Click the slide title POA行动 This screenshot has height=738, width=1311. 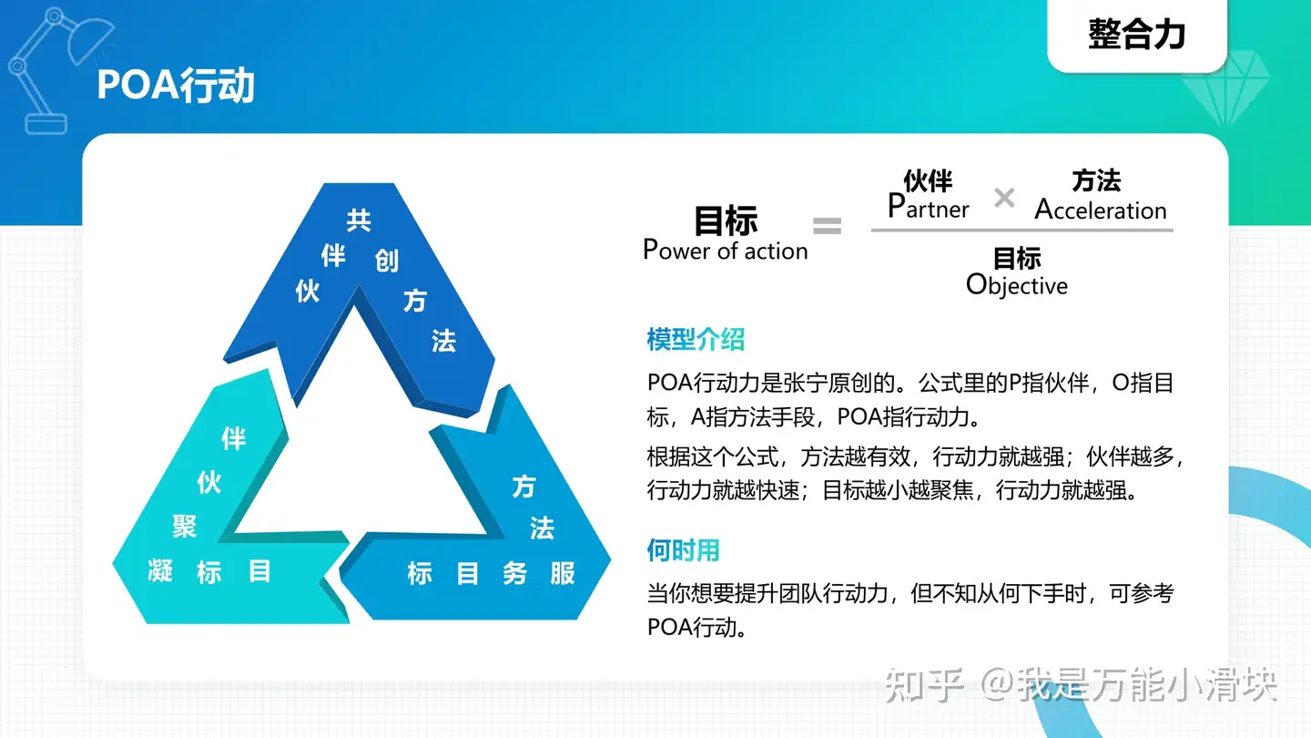click(x=176, y=86)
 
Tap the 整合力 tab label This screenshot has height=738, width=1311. click(x=1136, y=34)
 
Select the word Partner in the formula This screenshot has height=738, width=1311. click(x=929, y=206)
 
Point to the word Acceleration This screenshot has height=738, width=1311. click(x=1101, y=210)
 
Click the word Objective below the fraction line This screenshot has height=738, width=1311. click(x=1017, y=285)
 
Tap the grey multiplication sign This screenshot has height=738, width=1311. click(x=1004, y=198)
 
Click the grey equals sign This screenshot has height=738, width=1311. click(x=827, y=226)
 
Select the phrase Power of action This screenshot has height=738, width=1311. click(x=725, y=250)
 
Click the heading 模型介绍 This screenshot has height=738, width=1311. click(x=696, y=340)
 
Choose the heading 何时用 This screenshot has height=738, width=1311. click(x=683, y=550)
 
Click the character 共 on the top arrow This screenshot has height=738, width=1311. click(x=359, y=220)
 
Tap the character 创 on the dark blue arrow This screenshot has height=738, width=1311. click(x=386, y=260)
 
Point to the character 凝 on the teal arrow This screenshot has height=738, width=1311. click(x=160, y=571)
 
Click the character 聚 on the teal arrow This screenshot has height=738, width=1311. click(x=184, y=526)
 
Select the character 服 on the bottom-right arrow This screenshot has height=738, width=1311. click(x=562, y=573)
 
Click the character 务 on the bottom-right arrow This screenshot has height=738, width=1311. click(x=514, y=573)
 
